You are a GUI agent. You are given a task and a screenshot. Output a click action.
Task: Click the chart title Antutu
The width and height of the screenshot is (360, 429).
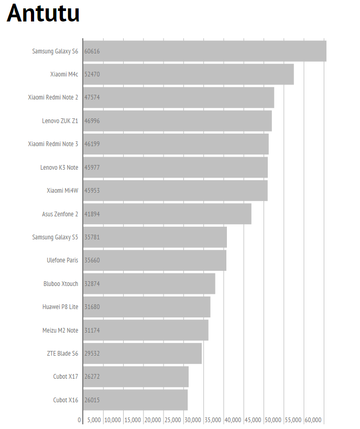point(43,14)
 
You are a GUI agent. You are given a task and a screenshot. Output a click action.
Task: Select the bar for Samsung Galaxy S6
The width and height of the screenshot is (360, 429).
point(204,51)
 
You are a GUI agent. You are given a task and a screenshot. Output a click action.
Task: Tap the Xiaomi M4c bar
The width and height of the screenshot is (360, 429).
point(188,74)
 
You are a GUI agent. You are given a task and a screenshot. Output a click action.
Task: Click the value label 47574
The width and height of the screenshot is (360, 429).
point(92,97)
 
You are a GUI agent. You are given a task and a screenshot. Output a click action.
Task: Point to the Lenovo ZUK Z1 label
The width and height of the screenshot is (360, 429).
point(60,120)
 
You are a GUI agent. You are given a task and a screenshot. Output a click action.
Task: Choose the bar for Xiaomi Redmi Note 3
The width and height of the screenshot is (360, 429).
point(176,144)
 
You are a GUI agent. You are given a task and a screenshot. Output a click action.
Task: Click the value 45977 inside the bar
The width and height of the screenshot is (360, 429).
point(92,167)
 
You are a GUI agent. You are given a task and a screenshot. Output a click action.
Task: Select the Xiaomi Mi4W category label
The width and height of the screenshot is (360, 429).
point(62,191)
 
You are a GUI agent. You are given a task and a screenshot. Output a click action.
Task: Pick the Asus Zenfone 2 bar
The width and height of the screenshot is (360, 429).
point(167,214)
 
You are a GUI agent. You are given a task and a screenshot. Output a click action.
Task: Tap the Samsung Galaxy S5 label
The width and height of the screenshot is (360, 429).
point(55,237)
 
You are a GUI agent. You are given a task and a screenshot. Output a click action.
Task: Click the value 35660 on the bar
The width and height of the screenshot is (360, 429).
point(92,260)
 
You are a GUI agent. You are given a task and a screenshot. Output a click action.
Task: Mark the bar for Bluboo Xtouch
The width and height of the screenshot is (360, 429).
point(149,283)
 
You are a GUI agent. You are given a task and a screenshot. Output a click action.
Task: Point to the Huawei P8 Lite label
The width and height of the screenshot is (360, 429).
point(60,307)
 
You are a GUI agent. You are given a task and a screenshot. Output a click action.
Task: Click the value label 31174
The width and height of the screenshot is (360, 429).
point(92,330)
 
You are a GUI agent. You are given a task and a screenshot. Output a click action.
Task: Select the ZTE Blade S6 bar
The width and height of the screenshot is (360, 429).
point(142,354)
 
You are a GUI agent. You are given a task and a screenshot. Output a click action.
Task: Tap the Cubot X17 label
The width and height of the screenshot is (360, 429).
point(66,377)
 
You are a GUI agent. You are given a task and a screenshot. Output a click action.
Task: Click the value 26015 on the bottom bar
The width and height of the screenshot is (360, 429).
point(92,400)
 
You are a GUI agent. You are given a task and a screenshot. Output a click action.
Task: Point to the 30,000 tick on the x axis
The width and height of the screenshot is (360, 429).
point(192,420)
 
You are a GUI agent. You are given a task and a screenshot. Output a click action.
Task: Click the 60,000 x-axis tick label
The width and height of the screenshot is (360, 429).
point(313,420)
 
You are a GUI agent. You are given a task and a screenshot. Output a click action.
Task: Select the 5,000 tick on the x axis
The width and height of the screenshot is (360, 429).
point(94,420)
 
